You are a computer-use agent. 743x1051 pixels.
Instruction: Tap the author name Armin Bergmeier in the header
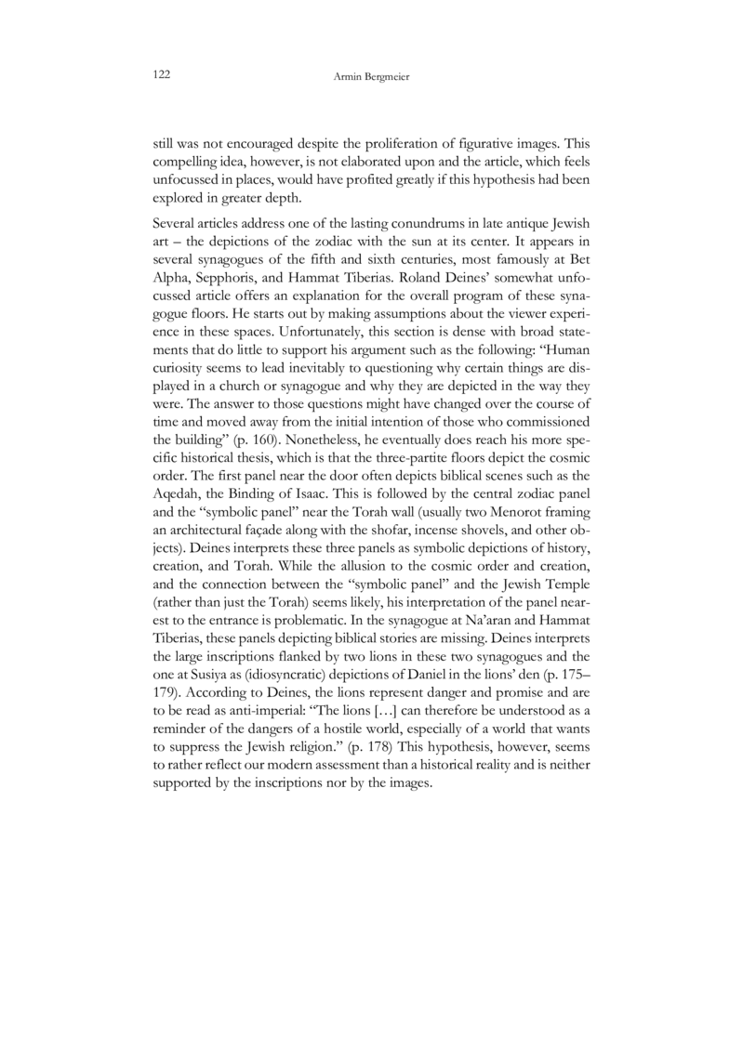[372, 76]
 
